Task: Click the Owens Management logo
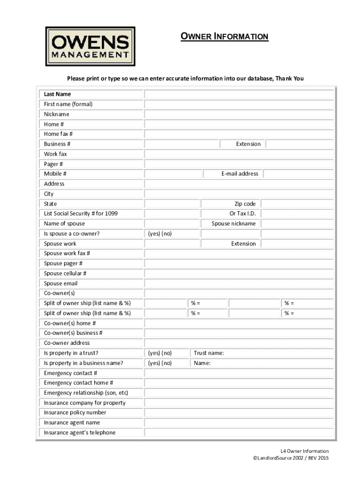(90, 46)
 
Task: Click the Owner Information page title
(224, 36)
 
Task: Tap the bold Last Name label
(58, 94)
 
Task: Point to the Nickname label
(57, 114)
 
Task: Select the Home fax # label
(58, 134)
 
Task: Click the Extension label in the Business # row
(248, 144)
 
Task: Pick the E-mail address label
(240, 174)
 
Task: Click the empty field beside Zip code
(297, 204)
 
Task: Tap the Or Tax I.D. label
(242, 214)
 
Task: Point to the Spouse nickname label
(233, 224)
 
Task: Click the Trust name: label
(209, 353)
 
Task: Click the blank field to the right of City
(239, 194)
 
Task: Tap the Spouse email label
(61, 283)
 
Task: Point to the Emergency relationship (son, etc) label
(86, 393)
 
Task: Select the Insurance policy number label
(75, 413)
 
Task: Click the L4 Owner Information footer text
(302, 451)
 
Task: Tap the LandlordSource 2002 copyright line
(291, 458)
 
